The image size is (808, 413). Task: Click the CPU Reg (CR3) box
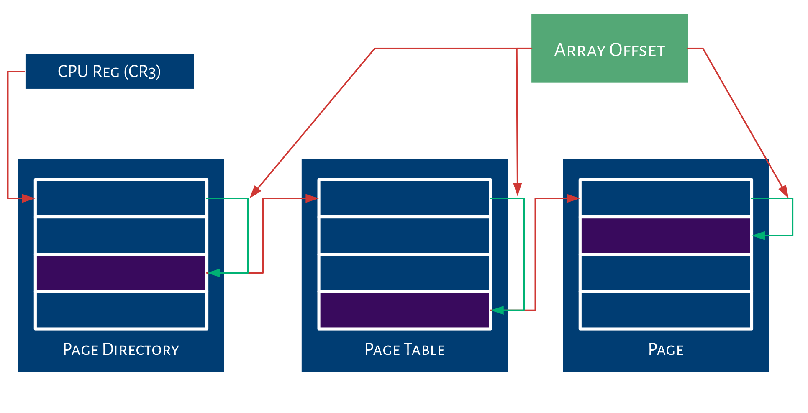[110, 72]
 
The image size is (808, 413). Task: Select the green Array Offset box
[609, 49]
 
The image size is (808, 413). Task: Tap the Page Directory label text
[121, 349]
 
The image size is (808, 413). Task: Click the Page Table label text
[405, 349]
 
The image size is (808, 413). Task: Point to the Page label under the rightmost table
[666, 349]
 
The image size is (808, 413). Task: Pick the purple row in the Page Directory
[121, 273]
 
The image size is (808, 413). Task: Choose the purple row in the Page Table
[405, 310]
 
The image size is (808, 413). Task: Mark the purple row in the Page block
[666, 236]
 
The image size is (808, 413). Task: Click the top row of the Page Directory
[121, 198]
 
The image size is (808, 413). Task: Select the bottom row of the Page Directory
[121, 310]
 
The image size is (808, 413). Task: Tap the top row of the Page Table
[405, 198]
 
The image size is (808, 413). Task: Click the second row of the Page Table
[405, 236]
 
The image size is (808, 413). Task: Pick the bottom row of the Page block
[666, 310]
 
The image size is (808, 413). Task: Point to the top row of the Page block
[666, 198]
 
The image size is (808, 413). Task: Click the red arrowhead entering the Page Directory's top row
[28, 198]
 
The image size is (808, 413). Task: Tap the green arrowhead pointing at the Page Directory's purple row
[214, 273]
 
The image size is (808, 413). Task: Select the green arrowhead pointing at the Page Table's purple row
[497, 310]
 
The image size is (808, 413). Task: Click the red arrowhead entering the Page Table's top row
[312, 198]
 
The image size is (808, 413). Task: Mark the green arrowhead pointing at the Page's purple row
[759, 236]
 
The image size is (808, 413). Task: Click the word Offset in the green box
[637, 50]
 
